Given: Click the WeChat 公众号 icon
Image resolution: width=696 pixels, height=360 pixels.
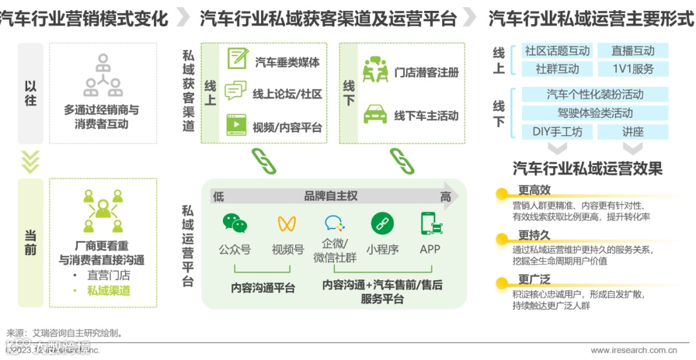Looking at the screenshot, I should pyautogui.click(x=235, y=223).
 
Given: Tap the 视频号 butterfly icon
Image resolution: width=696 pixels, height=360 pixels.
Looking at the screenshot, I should pyautogui.click(x=287, y=223).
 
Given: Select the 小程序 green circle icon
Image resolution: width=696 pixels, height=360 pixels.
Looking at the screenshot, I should pyautogui.click(x=382, y=223).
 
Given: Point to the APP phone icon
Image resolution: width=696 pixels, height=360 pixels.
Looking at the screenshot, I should pyautogui.click(x=430, y=223).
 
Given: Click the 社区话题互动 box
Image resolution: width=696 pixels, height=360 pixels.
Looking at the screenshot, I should pyautogui.click(x=557, y=51).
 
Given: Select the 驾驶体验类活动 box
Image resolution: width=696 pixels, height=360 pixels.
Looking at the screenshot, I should pyautogui.click(x=595, y=113).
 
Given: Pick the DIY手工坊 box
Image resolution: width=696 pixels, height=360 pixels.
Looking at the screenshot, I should pyautogui.click(x=557, y=131).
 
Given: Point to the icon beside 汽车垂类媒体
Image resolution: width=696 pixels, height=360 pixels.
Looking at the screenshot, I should pyautogui.click(x=237, y=59).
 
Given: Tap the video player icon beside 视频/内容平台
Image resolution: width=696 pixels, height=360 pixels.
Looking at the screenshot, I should pyautogui.click(x=237, y=124).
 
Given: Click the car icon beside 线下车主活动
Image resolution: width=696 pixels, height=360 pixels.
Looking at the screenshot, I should pyautogui.click(x=374, y=114).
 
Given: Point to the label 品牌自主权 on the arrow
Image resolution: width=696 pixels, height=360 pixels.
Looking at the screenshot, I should pyautogui.click(x=331, y=196).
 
